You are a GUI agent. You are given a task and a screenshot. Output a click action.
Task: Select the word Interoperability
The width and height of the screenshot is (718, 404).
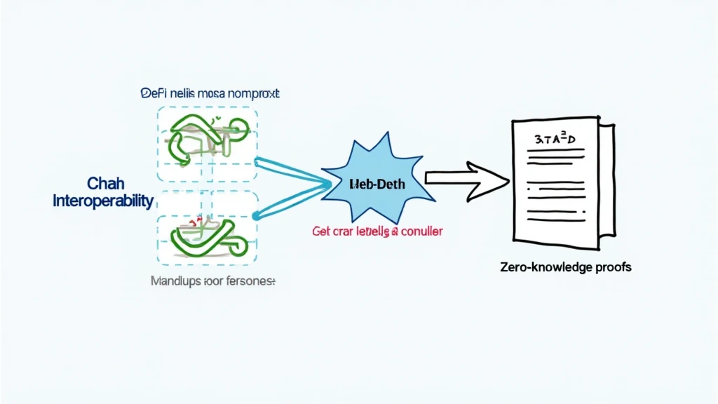103,201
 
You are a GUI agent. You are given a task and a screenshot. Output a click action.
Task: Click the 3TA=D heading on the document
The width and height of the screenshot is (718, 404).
555,139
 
